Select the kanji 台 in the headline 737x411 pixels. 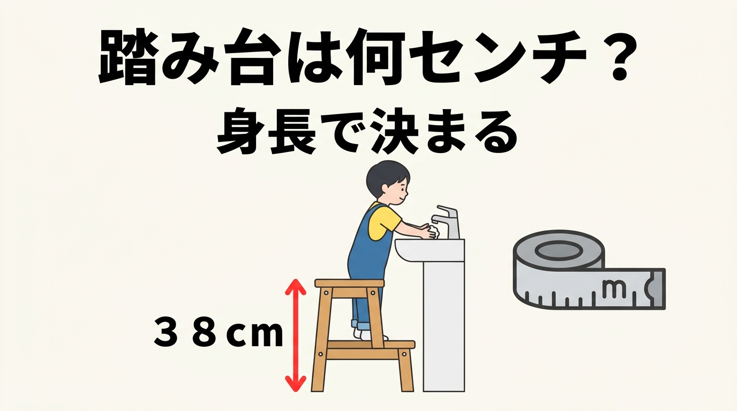252,57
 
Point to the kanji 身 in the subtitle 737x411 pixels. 239,133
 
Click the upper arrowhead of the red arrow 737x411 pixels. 296,287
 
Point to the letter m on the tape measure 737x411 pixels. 614,287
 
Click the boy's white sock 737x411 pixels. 365,334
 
